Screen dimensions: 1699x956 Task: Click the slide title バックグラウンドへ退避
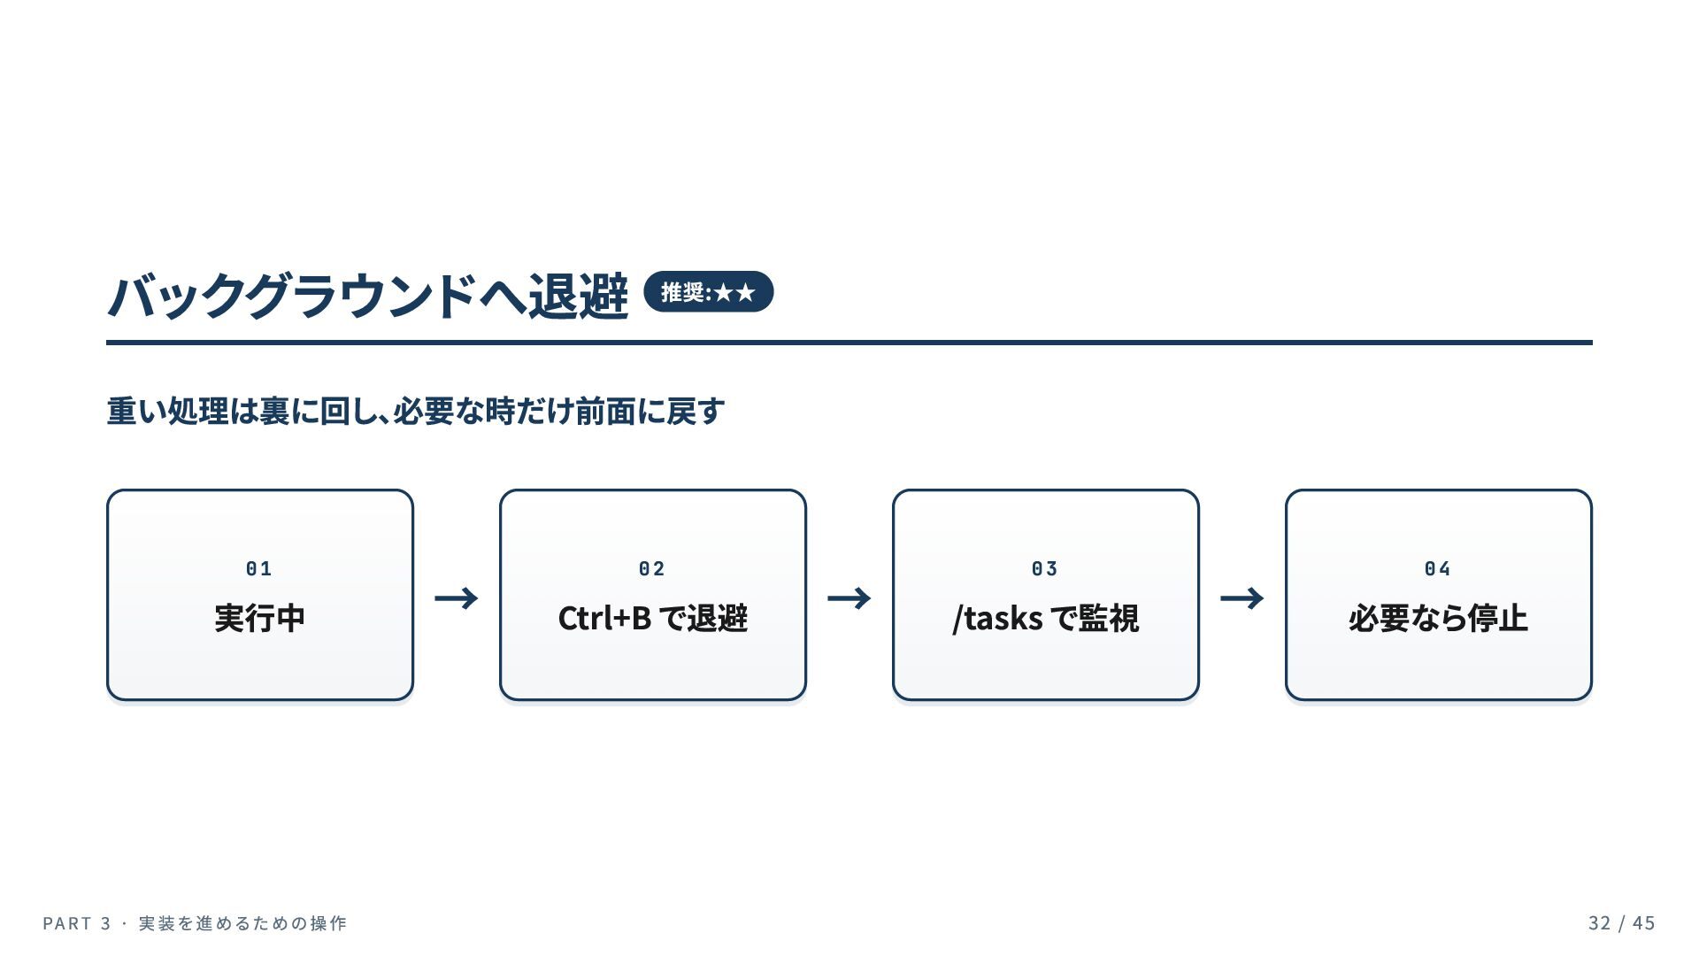[367, 295]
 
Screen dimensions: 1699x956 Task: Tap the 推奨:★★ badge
[708, 292]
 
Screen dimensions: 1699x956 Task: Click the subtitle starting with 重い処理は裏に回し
[416, 411]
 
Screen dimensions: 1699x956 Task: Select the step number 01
[259, 568]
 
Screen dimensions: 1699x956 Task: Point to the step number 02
[652, 568]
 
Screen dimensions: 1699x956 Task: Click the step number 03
[1045, 568]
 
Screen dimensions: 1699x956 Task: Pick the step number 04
[1438, 568]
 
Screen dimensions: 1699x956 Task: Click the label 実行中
[260, 618]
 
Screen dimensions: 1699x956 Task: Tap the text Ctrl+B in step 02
[604, 618]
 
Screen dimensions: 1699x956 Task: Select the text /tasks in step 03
[997, 619]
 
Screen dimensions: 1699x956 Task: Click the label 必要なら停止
[1438, 618]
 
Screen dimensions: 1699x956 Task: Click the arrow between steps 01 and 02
[457, 598]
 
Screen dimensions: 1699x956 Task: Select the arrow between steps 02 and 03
[849, 598]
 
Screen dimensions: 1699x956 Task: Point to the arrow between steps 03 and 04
[1242, 598]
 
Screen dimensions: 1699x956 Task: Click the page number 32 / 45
[1622, 923]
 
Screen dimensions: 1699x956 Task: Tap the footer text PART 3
[77, 923]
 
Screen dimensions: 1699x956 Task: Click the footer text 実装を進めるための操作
[243, 923]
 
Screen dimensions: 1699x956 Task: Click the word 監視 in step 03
[1109, 618]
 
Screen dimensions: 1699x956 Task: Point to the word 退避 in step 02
[718, 618]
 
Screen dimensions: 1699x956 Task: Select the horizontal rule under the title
[849, 342]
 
